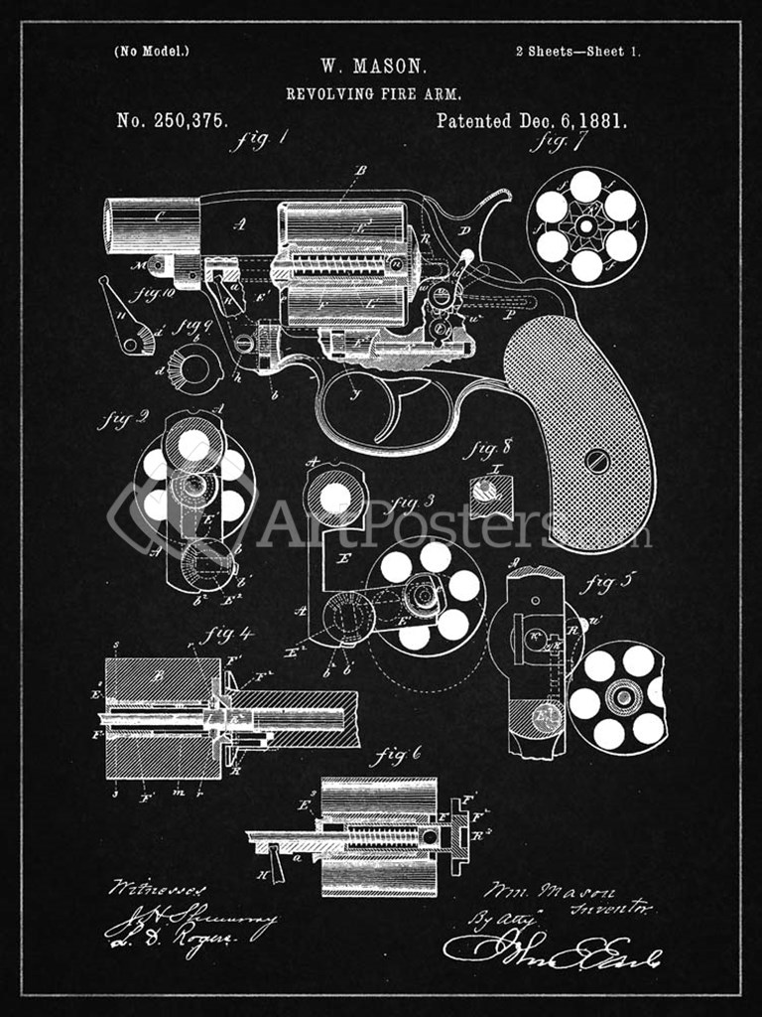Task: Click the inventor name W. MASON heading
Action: [373, 68]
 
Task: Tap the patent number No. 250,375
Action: [173, 121]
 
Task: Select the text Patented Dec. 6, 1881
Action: [532, 121]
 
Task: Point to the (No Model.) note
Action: [152, 51]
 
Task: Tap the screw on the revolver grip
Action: [596, 461]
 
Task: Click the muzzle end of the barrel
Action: [111, 224]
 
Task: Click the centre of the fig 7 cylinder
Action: [586, 226]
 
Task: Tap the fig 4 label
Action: [228, 634]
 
